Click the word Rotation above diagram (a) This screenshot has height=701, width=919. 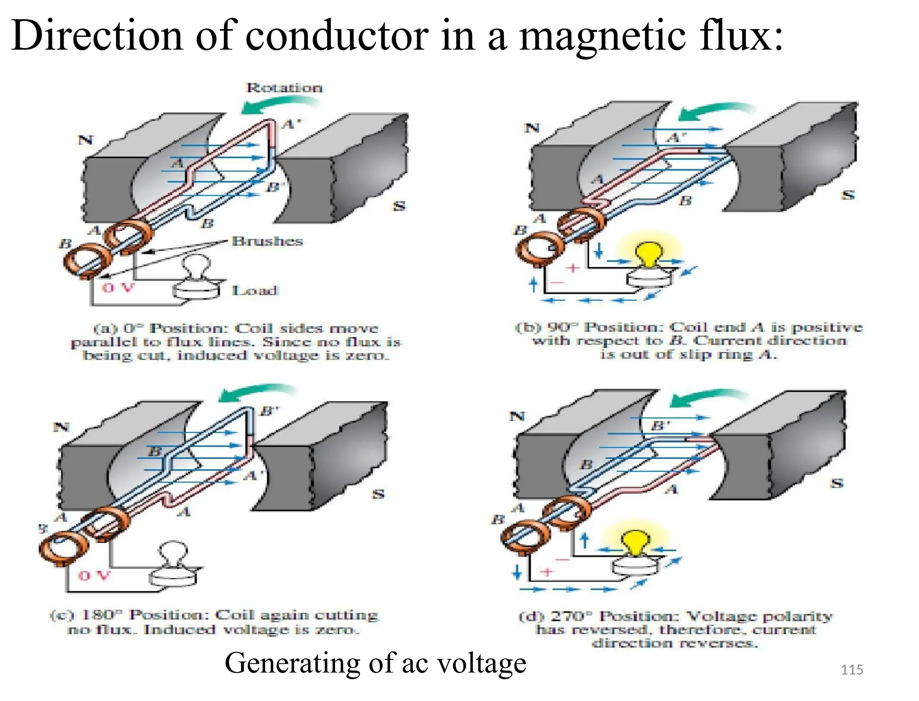284,88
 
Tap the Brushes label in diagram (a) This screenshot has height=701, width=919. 267,241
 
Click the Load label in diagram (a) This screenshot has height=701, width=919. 255,291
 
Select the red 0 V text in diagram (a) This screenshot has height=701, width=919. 118,288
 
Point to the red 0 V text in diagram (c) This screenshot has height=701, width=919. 94,576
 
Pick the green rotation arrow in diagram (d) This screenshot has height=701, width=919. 705,397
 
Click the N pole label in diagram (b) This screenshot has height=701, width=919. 532,128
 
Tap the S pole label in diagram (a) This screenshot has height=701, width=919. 399,206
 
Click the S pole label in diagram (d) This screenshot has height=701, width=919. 836,483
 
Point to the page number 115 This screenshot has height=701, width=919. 852,670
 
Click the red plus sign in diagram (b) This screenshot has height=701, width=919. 573,268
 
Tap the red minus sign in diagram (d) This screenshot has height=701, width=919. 561,560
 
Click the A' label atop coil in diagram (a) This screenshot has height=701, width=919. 291,123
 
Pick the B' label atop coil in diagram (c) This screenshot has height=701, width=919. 269,411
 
